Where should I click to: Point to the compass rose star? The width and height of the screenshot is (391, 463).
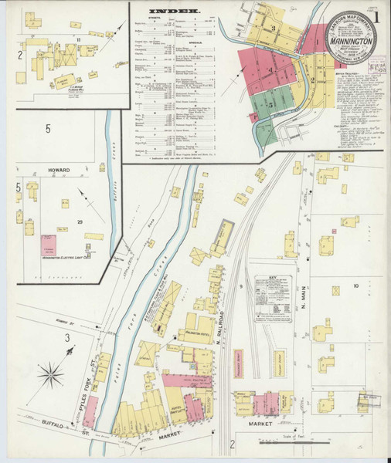53,376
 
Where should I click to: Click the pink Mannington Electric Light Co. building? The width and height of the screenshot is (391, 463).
56,245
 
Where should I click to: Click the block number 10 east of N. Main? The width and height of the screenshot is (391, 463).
356,286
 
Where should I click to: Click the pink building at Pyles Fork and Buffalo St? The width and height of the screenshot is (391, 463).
90,411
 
